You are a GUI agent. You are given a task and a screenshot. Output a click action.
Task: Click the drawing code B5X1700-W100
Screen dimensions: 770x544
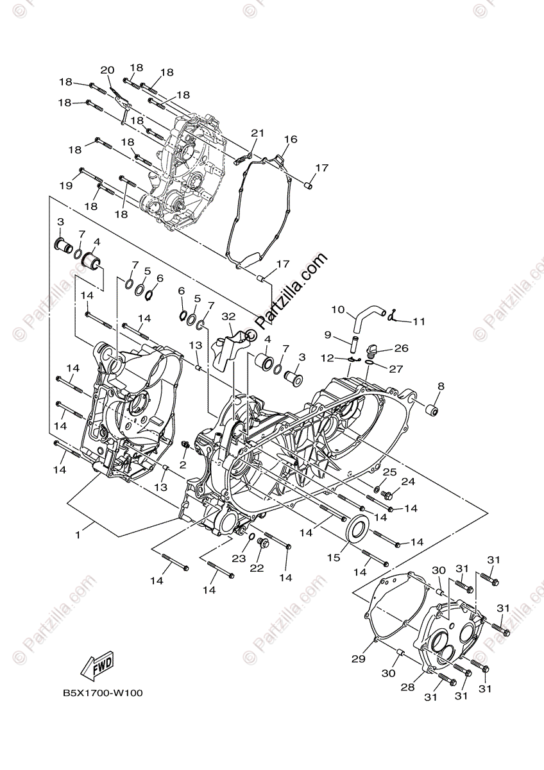click(103, 693)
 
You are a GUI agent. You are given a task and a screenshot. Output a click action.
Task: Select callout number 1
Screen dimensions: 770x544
click(78, 534)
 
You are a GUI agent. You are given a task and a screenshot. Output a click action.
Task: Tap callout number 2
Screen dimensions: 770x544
click(183, 464)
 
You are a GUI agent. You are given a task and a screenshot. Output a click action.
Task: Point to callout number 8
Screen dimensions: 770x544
click(441, 386)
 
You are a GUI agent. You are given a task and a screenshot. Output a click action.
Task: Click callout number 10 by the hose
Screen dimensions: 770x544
click(338, 310)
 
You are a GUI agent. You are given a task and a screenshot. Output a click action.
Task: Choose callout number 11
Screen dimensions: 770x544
click(419, 321)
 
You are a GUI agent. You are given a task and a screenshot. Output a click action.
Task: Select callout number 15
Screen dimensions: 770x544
click(334, 558)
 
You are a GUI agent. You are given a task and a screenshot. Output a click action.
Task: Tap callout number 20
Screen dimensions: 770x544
click(107, 70)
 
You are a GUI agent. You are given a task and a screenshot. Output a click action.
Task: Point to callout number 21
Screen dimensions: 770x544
click(257, 133)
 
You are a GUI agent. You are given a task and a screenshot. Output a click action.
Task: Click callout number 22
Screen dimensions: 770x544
click(257, 568)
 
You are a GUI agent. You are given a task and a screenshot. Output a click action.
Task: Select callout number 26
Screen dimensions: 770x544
click(401, 348)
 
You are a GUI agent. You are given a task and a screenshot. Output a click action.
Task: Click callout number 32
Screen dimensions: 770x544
click(228, 316)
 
